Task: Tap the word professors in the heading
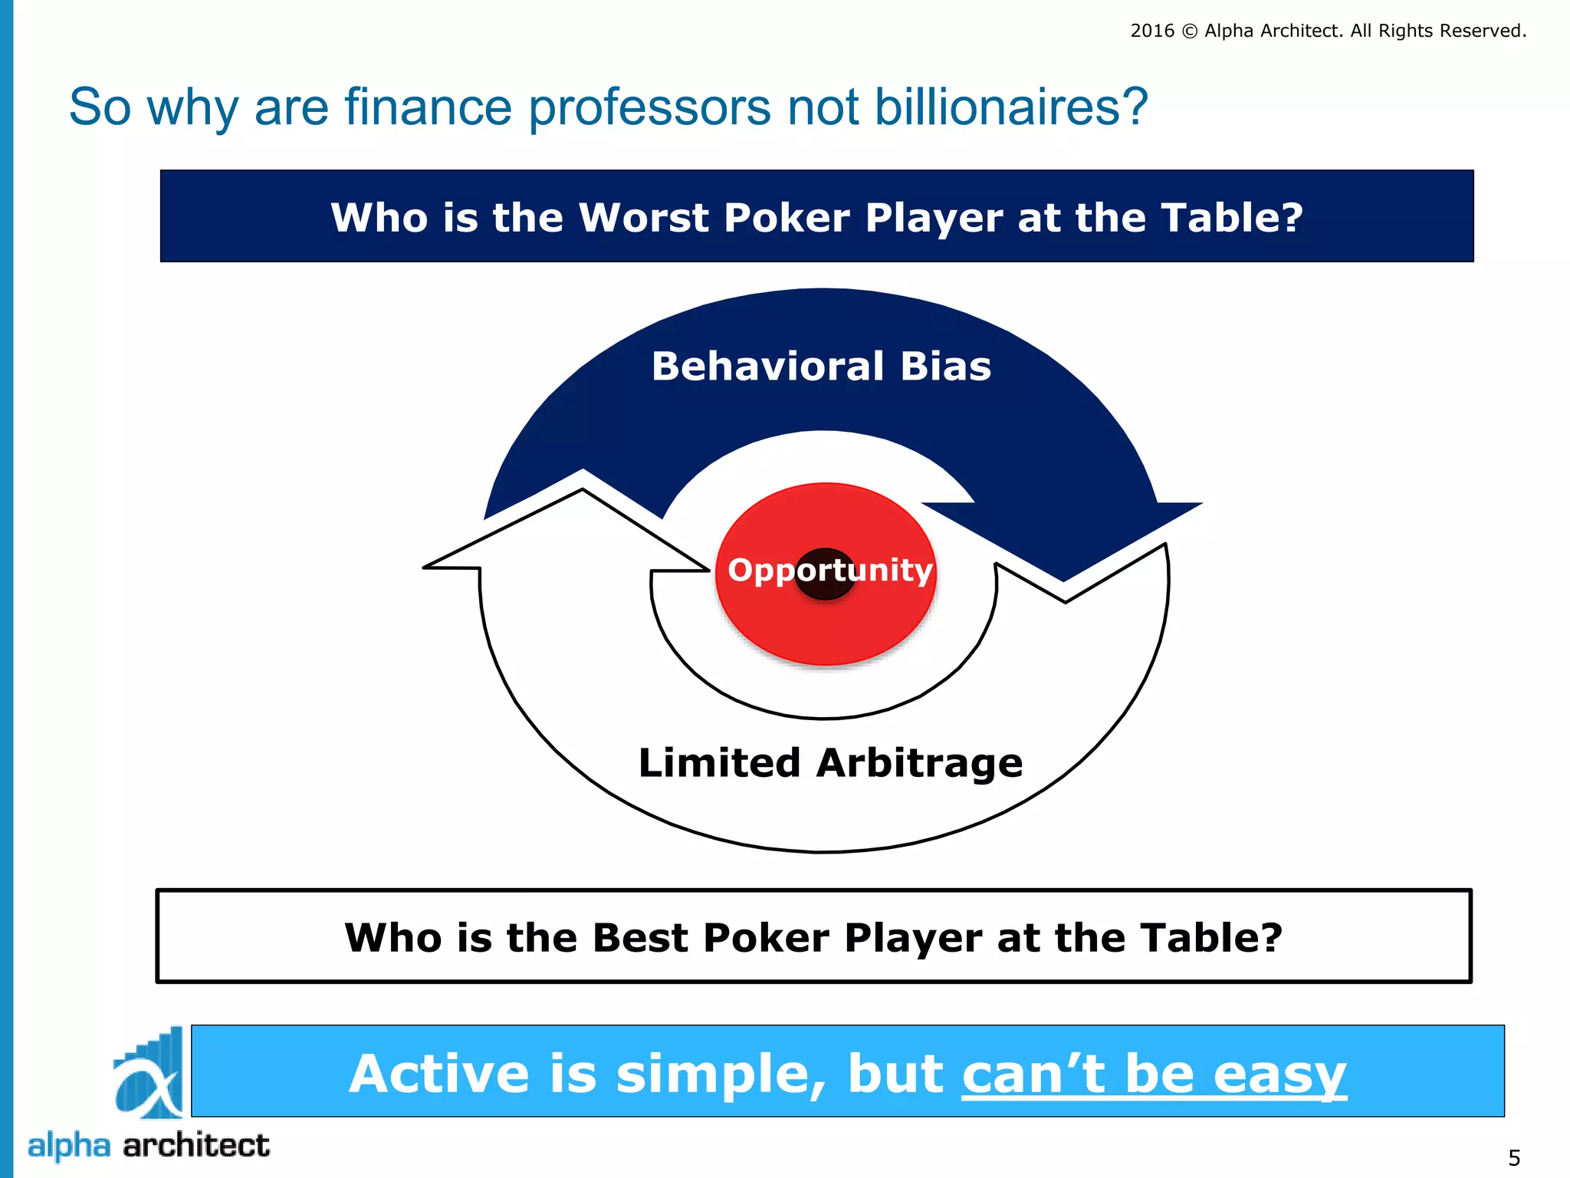[x=649, y=107]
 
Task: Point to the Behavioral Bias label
[x=821, y=366]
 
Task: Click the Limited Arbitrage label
[x=830, y=762]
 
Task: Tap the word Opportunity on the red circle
[x=829, y=570]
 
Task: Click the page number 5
[x=1513, y=1157]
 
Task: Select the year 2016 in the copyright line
[x=1151, y=31]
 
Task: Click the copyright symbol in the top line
[x=1189, y=31]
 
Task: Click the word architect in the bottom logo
[x=196, y=1145]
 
